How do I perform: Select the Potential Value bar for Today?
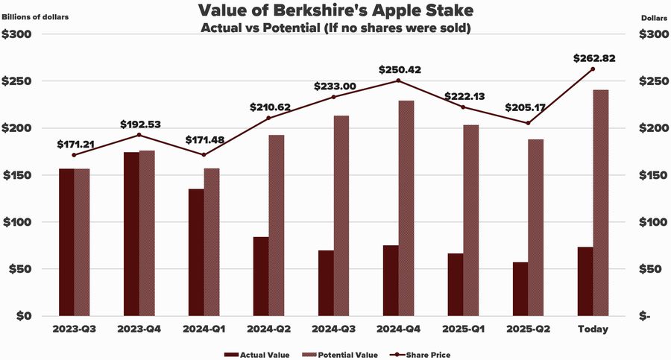[x=601, y=203]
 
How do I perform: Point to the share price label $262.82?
[x=593, y=59]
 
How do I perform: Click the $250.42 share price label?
[x=398, y=70]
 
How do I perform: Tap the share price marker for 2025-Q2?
[x=528, y=123]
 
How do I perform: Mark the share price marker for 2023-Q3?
[x=74, y=155]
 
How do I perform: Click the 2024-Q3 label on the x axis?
[x=333, y=329]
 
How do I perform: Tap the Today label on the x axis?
[x=593, y=329]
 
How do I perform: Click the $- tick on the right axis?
[x=645, y=316]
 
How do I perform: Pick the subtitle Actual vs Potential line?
[x=335, y=28]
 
